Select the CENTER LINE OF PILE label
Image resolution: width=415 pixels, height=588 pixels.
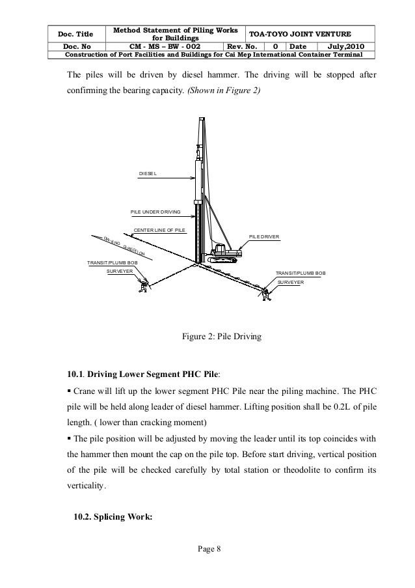[x=160, y=230]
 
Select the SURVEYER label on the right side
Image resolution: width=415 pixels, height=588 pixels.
[x=291, y=283]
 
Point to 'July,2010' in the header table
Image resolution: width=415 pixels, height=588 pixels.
[x=347, y=46]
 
